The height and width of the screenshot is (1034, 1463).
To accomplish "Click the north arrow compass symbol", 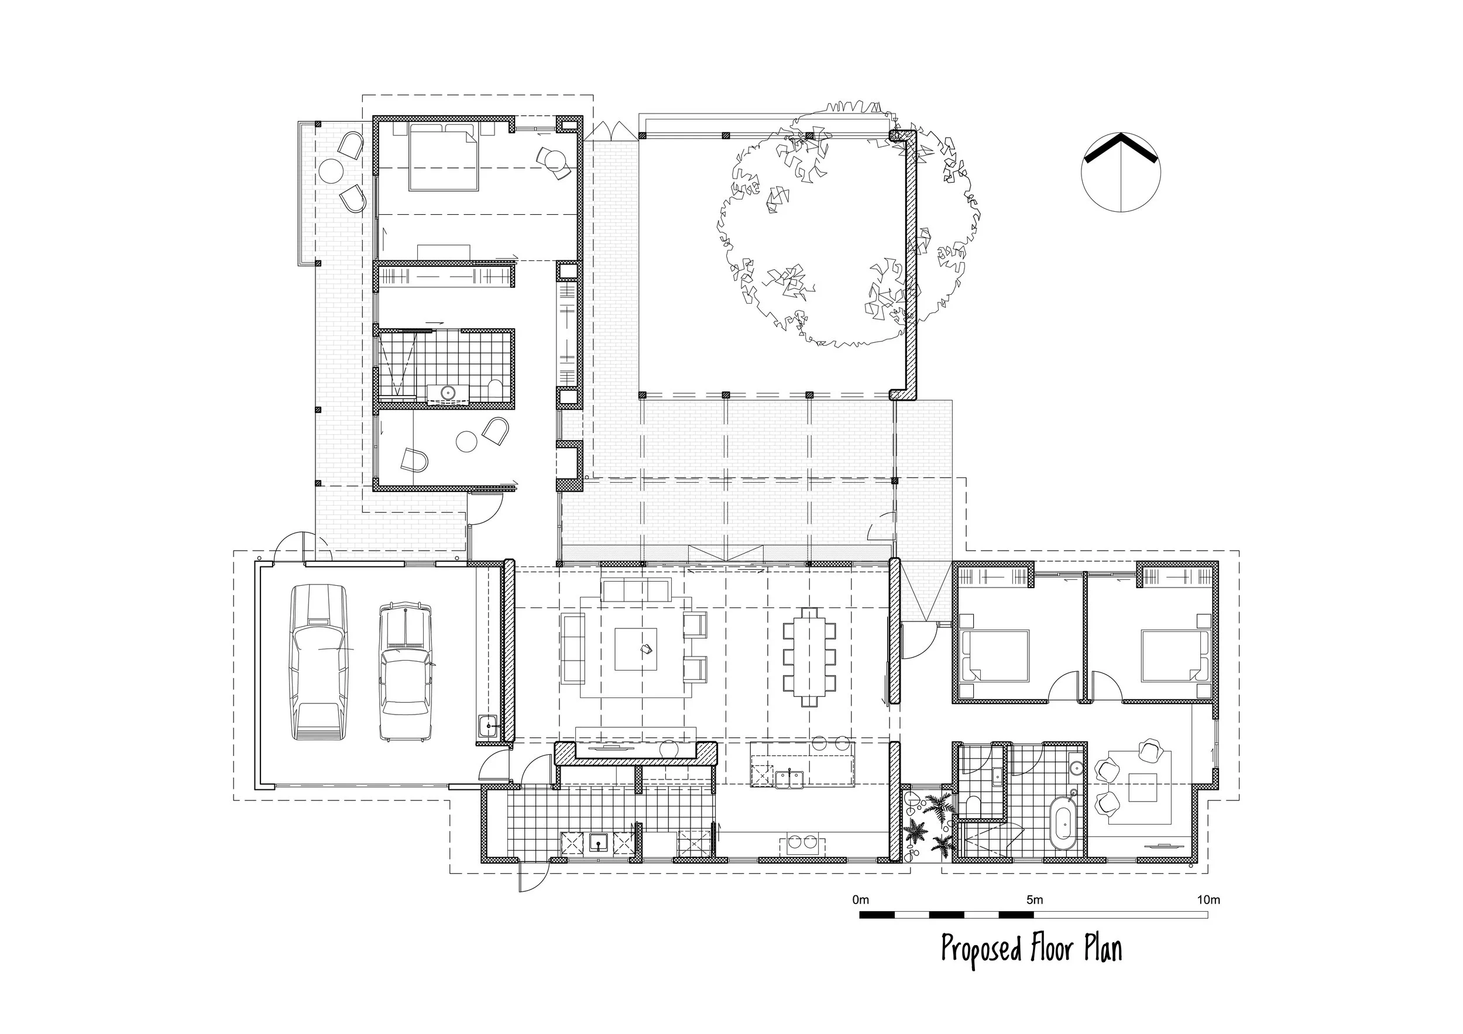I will (x=1121, y=172).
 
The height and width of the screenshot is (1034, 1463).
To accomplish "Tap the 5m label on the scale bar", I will (x=1035, y=900).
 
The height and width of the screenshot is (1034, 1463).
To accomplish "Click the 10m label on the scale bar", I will (x=1208, y=900).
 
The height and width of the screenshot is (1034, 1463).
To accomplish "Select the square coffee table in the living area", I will (x=636, y=649).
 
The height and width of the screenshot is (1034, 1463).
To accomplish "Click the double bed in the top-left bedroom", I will (x=443, y=157).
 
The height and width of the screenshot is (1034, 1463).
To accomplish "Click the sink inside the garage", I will (x=489, y=724).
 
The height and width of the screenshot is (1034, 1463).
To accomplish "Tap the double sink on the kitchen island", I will (x=789, y=778).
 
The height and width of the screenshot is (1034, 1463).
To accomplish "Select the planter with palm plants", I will (x=927, y=825).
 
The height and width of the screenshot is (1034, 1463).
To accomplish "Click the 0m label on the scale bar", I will (x=860, y=900).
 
